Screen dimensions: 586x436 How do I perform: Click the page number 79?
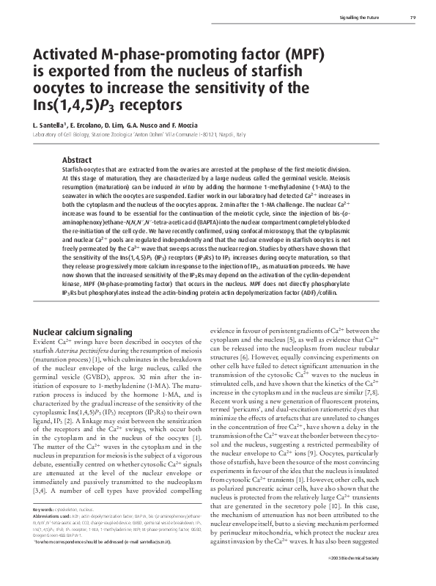pyautogui.click(x=412, y=17)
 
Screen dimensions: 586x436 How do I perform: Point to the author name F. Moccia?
pyautogui.click(x=179, y=125)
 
